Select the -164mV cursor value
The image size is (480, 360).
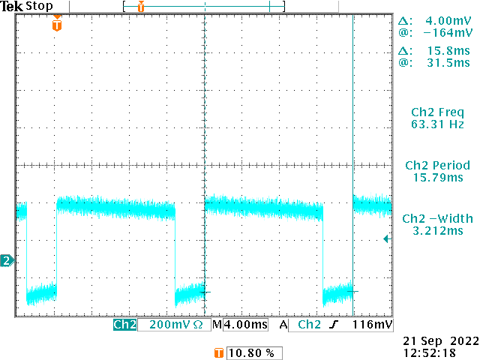pos(447,33)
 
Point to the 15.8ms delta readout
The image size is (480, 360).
pos(445,51)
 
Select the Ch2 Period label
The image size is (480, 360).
pos(437,165)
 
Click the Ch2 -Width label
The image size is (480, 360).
pos(436,218)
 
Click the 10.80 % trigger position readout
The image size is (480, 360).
pos(250,352)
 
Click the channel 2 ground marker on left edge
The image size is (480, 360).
pos(7,261)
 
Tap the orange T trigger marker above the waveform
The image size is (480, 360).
pos(57,25)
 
